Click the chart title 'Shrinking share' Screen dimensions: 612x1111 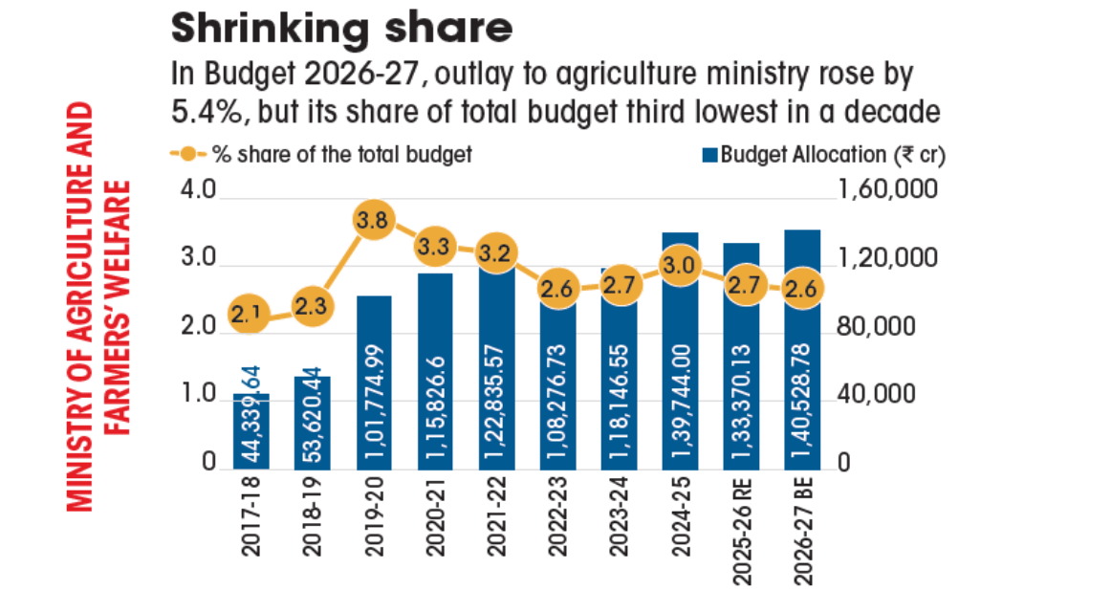point(341,30)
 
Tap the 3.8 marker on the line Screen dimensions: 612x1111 point(373,221)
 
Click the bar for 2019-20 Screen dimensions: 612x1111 point(373,382)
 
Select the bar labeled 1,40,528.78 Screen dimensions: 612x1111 point(802,349)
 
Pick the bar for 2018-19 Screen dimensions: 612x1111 point(312,422)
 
